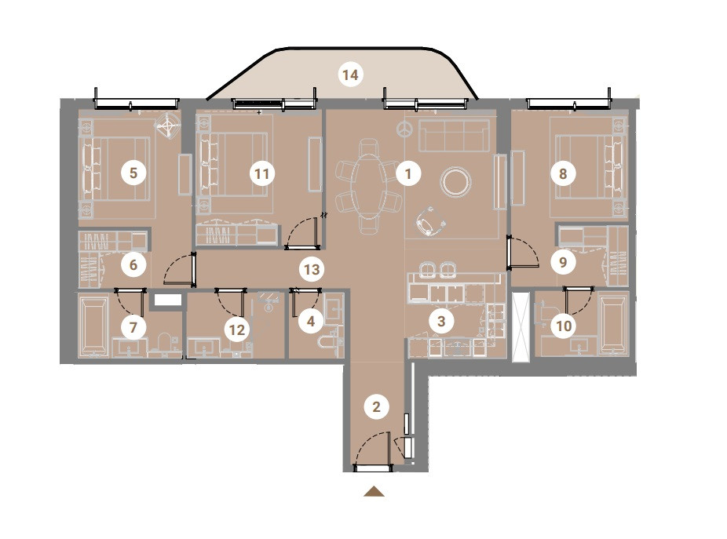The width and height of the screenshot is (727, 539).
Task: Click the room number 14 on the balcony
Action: tap(350, 75)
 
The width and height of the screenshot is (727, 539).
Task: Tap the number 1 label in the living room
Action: tap(408, 174)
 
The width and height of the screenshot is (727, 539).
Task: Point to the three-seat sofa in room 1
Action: tap(455, 135)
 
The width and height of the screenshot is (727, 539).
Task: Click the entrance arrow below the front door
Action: tap(374, 492)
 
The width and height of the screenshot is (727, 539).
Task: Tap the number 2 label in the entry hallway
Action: tap(377, 407)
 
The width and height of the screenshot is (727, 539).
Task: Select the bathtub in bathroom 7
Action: tap(94, 325)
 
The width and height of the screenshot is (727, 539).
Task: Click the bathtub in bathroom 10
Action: tap(612, 324)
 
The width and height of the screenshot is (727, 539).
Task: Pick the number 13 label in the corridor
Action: tap(312, 269)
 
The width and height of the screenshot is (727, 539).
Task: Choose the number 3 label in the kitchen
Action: tap(441, 321)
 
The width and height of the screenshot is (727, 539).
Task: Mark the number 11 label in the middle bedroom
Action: tap(262, 174)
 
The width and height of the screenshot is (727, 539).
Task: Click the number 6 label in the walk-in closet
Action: tap(133, 264)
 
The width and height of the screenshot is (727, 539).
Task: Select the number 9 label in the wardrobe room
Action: tap(563, 262)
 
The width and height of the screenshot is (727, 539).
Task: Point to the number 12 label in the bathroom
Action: tap(237, 330)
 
